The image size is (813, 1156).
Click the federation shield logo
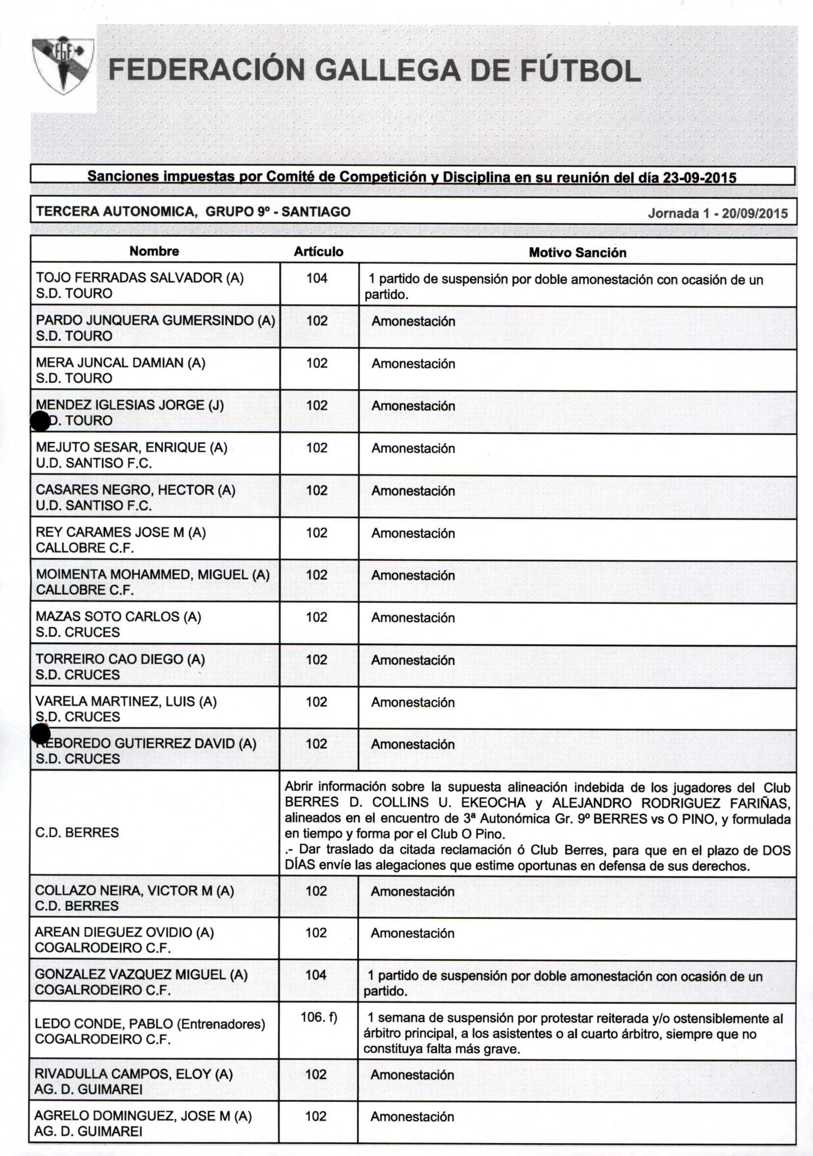pyautogui.click(x=62, y=64)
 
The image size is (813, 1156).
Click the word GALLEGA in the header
pyautogui.click(x=389, y=71)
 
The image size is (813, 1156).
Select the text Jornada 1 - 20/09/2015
pyautogui.click(x=717, y=213)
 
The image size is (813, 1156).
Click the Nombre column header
pyautogui.click(x=154, y=251)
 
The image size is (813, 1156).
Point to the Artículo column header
pyautogui.click(x=318, y=252)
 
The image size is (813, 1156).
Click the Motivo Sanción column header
pyautogui.click(x=577, y=253)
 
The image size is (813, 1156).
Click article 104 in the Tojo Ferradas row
pyautogui.click(x=316, y=278)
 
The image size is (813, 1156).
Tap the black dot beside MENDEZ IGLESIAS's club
pyautogui.click(x=40, y=421)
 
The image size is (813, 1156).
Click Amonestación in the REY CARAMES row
pyautogui.click(x=413, y=533)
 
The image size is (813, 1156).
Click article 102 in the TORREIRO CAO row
pyautogui.click(x=316, y=659)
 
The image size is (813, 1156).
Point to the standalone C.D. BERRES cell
pyautogui.click(x=77, y=832)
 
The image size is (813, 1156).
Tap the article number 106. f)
pyautogui.click(x=318, y=1017)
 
